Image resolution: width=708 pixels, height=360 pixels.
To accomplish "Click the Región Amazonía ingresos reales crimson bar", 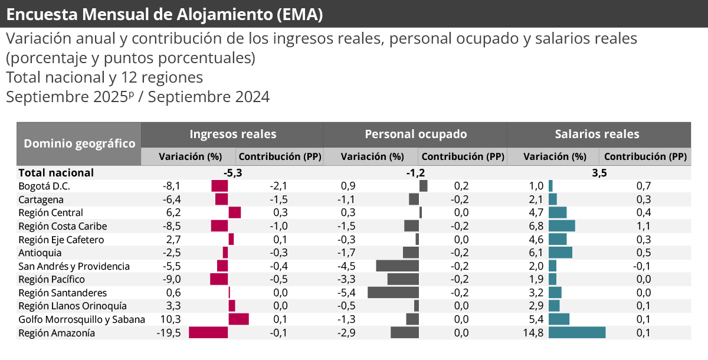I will point(208,333).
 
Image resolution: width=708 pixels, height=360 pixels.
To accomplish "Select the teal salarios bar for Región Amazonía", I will point(577,333).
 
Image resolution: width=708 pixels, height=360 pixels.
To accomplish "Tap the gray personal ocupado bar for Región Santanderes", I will point(393,293).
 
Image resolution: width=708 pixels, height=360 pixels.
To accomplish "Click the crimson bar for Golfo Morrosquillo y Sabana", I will point(239,319).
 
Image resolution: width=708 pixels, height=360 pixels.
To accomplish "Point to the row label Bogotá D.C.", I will point(44,186).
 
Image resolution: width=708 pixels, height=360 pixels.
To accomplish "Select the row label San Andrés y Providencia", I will point(74,266).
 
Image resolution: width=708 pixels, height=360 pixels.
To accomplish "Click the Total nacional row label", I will point(56,173).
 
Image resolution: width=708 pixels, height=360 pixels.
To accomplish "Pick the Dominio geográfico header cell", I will point(79,143).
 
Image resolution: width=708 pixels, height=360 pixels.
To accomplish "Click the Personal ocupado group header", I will point(415,134).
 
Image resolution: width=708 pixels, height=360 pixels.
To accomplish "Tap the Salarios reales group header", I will point(597,134).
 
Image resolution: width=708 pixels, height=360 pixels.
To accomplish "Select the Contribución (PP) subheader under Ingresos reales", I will point(280,157).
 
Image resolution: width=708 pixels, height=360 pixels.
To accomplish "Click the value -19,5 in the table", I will point(171,333).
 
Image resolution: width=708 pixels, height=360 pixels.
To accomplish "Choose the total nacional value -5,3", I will point(232,173).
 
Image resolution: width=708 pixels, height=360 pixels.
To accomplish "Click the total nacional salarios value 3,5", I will point(599,173).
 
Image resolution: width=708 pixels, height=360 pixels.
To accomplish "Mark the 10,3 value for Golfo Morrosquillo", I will point(171,319).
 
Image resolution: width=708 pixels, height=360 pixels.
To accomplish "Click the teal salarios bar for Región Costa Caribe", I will point(562,226).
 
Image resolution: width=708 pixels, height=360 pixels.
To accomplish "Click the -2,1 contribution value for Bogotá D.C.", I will point(278,186).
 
